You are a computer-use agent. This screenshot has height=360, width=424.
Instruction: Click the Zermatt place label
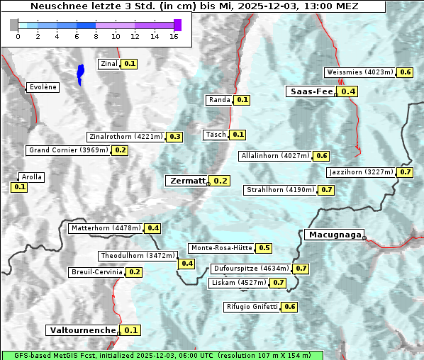click(x=186, y=181)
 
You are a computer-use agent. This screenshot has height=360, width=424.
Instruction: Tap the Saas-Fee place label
click(x=311, y=91)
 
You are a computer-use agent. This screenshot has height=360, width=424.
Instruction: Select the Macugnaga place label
click(x=334, y=235)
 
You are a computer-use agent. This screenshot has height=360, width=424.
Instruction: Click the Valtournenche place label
click(x=82, y=330)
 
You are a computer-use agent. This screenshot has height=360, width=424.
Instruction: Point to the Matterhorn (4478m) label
click(x=104, y=228)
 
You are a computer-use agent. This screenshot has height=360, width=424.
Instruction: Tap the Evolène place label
click(x=43, y=87)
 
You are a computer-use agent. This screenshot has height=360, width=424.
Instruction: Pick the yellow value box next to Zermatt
click(x=221, y=181)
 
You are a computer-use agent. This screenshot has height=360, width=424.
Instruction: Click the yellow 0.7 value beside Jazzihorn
click(x=406, y=172)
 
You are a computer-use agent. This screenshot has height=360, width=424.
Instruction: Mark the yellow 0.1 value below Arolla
click(x=19, y=187)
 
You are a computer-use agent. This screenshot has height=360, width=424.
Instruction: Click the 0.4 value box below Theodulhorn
click(x=187, y=264)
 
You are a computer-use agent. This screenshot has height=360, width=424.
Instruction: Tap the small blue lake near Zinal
click(x=80, y=73)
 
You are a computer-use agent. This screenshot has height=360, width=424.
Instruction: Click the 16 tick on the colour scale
click(x=174, y=35)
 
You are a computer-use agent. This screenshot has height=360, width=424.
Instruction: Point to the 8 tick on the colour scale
click(x=96, y=35)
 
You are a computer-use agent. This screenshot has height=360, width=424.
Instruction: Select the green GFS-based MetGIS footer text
click(x=162, y=355)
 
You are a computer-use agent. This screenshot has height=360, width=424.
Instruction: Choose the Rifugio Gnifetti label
click(x=252, y=307)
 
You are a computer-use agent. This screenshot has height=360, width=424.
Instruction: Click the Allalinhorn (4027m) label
click(x=275, y=155)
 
